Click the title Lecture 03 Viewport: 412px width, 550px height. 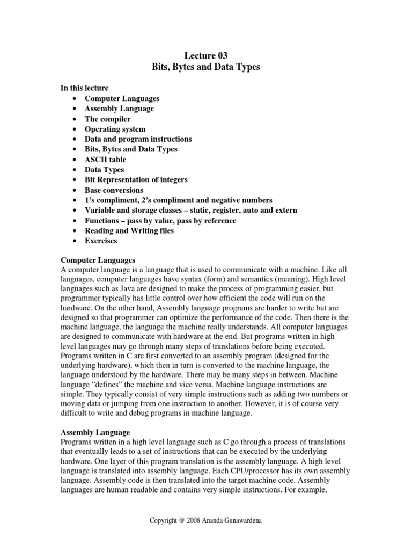(206, 56)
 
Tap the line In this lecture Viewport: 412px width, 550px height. (84, 88)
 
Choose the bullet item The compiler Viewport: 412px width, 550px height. (107, 119)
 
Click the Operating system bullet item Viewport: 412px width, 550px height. (115, 129)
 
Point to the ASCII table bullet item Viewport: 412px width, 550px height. (105, 160)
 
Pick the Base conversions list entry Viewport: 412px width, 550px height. (114, 190)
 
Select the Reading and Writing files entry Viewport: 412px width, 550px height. (129, 231)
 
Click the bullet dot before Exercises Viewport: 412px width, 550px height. (72, 241)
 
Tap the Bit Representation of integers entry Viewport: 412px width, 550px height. (136, 180)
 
